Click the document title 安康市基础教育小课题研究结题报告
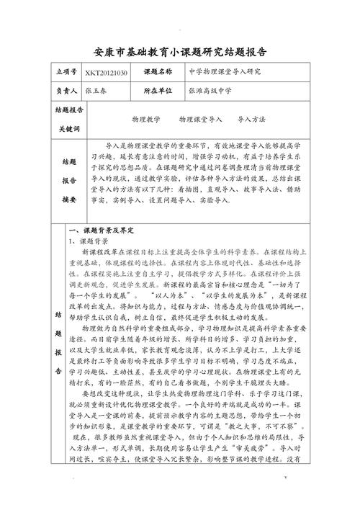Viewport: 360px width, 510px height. (180, 53)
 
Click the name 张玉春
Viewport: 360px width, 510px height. (96, 91)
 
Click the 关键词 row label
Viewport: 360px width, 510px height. (69, 127)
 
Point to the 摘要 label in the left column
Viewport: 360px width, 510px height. (69, 198)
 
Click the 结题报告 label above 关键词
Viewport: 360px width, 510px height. (69, 111)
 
